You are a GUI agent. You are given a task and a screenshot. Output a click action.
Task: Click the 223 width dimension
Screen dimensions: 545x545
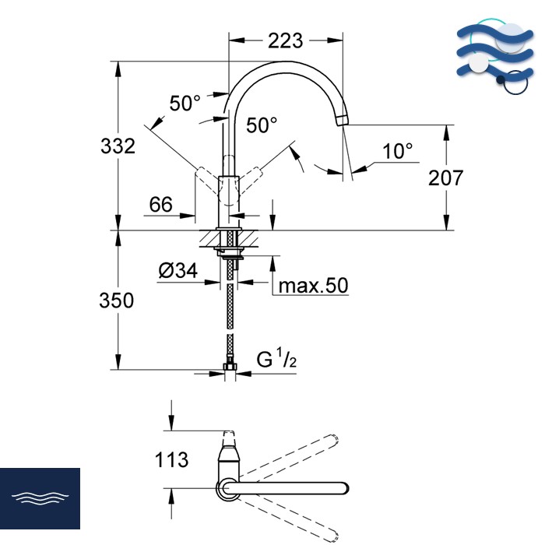click(286, 41)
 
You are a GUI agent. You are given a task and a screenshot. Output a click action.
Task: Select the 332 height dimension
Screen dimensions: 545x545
click(118, 146)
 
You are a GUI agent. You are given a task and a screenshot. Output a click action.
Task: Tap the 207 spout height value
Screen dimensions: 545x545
click(445, 178)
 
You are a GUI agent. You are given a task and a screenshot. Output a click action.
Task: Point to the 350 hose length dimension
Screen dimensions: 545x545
click(117, 301)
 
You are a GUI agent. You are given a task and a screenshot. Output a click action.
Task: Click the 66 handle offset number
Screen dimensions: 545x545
click(160, 204)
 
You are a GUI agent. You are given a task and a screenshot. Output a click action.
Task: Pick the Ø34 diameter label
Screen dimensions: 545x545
click(178, 270)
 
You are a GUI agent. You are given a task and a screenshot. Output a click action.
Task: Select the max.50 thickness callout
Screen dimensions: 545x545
click(313, 286)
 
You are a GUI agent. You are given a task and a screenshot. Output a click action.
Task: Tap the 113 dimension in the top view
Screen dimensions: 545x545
click(172, 459)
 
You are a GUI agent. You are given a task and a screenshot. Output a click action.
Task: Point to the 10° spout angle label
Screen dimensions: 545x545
click(398, 151)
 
